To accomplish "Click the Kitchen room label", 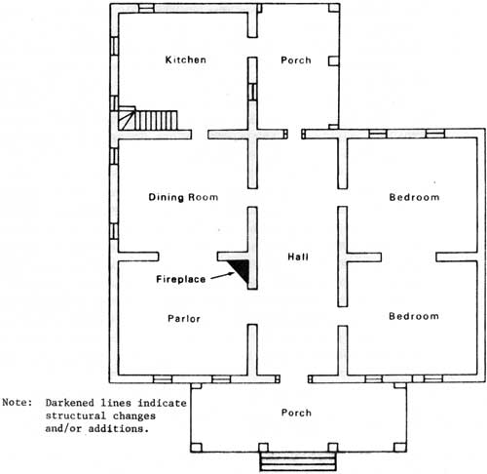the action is (x=185, y=59).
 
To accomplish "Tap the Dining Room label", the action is (x=183, y=197).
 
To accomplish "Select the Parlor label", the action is (x=184, y=319).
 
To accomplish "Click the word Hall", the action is (x=298, y=257).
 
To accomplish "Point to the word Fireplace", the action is (x=181, y=279).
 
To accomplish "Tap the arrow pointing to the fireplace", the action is (x=222, y=276).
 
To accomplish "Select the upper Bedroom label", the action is (x=414, y=197).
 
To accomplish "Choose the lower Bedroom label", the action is (x=414, y=316).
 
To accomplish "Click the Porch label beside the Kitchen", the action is (x=296, y=60).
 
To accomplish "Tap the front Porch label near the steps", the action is (x=296, y=413).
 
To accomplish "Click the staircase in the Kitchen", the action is (x=148, y=119).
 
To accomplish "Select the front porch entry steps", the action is (x=298, y=461).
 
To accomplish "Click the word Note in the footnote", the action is (x=17, y=403).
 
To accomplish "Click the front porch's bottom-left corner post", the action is (x=196, y=448).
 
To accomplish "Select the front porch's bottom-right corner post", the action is (x=400, y=448).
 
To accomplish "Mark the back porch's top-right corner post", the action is (x=334, y=8).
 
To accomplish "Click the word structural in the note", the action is (x=76, y=415).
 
